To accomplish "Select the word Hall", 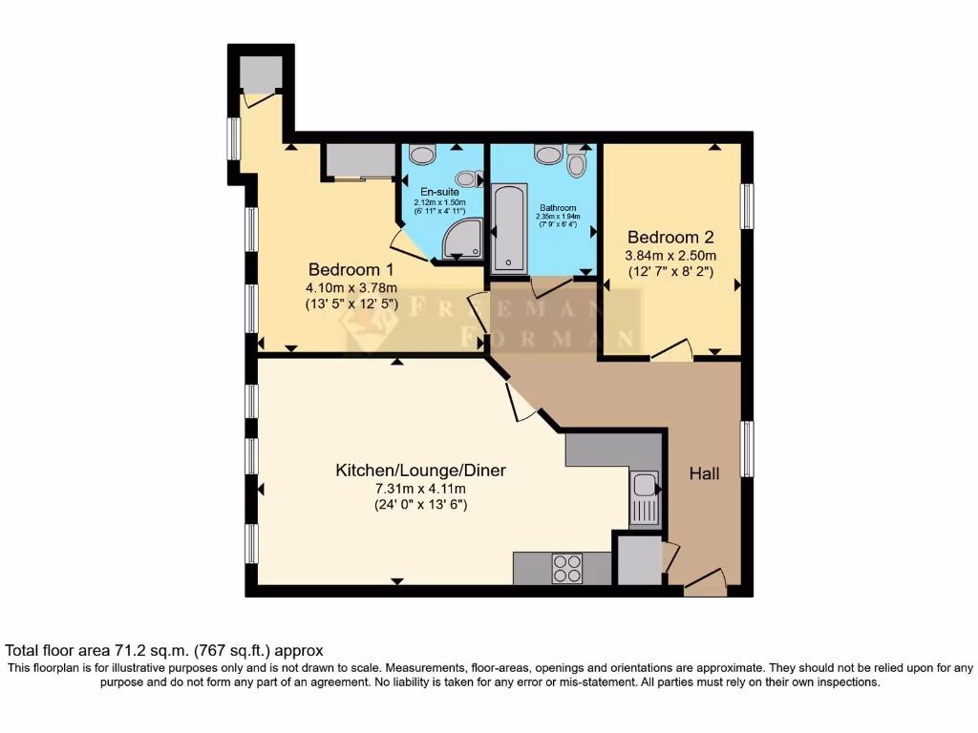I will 705,473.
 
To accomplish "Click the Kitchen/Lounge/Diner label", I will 419,471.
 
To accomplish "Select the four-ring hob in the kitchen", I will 567,569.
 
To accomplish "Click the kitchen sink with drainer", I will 644,496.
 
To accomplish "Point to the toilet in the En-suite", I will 422,154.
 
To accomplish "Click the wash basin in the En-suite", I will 467,178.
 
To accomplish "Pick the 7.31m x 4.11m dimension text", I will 419,489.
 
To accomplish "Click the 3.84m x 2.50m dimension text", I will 670,255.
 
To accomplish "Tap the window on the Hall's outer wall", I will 748,449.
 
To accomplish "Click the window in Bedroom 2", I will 748,205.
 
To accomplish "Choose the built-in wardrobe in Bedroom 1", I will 359,161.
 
